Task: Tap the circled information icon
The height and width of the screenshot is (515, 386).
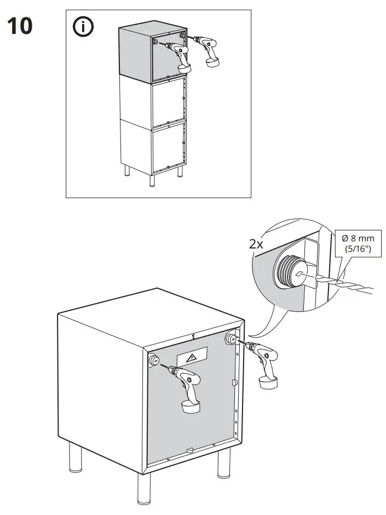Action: click(x=83, y=27)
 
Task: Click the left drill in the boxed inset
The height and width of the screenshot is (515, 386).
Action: click(x=180, y=58)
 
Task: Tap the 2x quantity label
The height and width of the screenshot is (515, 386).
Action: click(x=256, y=245)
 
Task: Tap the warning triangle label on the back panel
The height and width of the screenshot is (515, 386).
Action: click(x=192, y=358)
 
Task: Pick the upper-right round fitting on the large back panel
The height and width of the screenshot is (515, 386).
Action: click(x=231, y=339)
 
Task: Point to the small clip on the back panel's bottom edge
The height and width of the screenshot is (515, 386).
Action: click(x=189, y=450)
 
